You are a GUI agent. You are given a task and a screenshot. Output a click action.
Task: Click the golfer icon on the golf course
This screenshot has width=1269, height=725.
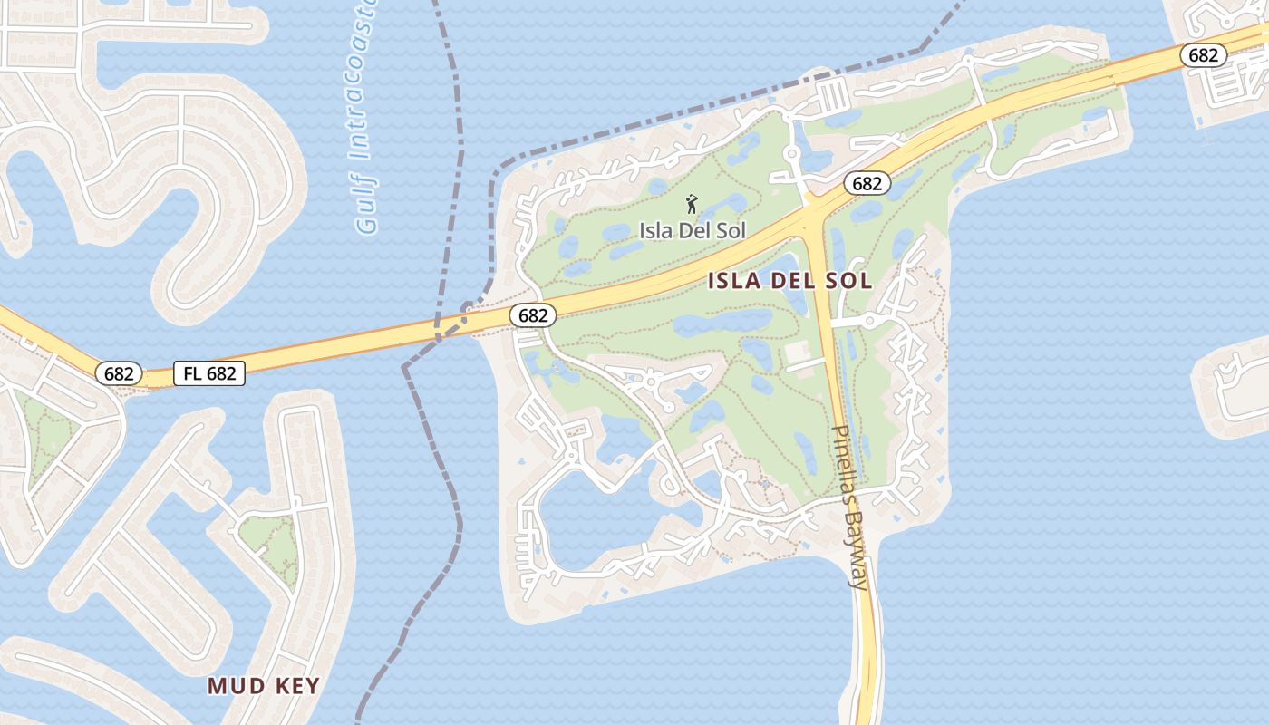pyautogui.click(x=693, y=204)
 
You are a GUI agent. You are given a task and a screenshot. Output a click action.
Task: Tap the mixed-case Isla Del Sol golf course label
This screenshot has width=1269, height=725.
pyautogui.click(x=693, y=230)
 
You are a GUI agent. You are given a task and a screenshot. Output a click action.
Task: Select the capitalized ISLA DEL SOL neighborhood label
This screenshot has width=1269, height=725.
pyautogui.click(x=789, y=281)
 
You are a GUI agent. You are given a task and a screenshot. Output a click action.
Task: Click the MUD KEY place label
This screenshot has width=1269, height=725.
pyautogui.click(x=264, y=685)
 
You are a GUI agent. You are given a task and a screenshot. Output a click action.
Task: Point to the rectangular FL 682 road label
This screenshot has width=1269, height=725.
pyautogui.click(x=209, y=373)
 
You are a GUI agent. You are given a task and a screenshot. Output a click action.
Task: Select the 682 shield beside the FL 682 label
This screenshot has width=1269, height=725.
pyautogui.click(x=119, y=373)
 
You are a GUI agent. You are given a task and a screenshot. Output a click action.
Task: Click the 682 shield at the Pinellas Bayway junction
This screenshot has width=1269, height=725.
pyautogui.click(x=867, y=184)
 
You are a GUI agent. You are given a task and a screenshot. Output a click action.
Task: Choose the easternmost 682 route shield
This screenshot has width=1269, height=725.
pyautogui.click(x=1203, y=55)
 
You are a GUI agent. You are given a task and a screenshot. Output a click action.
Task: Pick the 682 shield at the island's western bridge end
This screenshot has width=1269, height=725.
pyautogui.click(x=533, y=315)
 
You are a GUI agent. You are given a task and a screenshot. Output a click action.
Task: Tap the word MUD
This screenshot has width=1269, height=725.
pyautogui.click(x=235, y=685)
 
